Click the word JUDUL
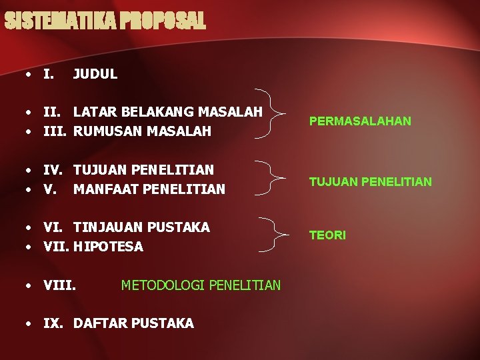[x=95, y=74]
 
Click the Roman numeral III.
[x=56, y=131]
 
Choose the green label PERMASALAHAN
[x=360, y=121]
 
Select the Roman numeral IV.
[x=55, y=170]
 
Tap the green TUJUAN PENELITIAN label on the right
[x=370, y=181]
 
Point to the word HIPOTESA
[x=108, y=247]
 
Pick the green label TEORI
[x=327, y=235]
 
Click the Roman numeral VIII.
[x=59, y=285]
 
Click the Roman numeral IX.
[x=54, y=323]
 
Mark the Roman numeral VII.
[x=56, y=247]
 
